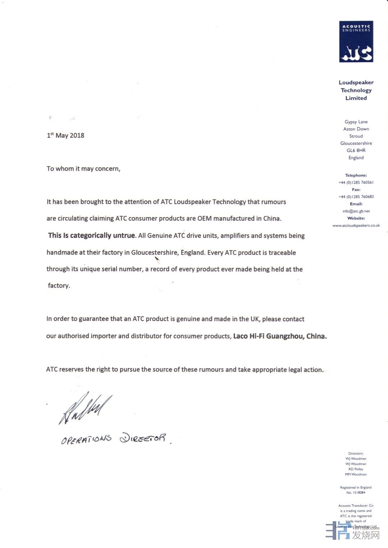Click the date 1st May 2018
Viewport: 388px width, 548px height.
pos(65,136)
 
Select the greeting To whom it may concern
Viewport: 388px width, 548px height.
pos(83,169)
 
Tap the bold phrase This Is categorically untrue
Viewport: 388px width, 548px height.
pos(92,235)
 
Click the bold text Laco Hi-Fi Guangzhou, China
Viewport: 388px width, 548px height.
pos(280,336)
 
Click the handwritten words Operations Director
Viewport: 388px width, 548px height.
pos(114,439)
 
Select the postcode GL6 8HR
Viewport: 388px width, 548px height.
pos(356,150)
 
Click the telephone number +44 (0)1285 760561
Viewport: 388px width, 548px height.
pos(356,182)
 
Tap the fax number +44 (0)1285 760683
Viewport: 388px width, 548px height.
pos(356,197)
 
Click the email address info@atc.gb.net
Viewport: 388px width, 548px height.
pos(356,211)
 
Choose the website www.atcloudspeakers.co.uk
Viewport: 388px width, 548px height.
pos(356,225)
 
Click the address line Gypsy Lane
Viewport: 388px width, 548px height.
pos(356,122)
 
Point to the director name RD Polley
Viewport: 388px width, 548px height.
pos(356,469)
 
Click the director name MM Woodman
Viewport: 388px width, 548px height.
pos(356,474)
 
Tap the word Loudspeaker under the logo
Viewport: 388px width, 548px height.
pos(356,83)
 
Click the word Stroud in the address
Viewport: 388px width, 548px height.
pos(356,136)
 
